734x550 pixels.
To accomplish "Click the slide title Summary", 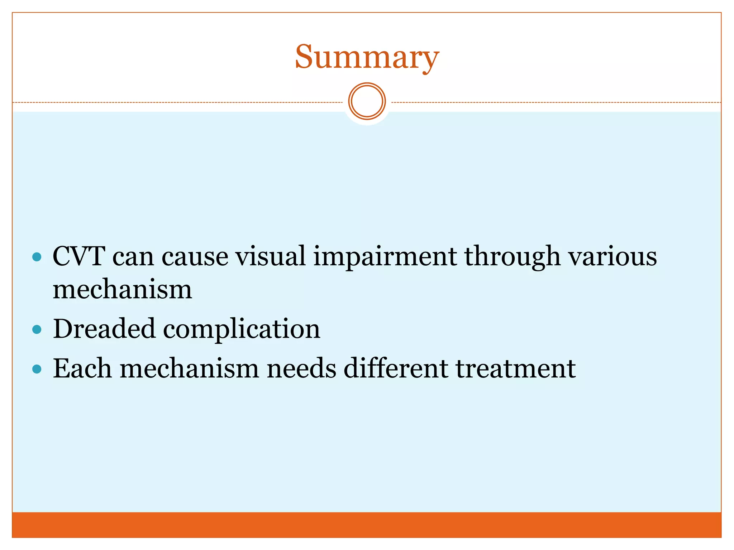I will tap(367, 57).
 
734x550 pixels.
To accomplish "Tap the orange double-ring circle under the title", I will tap(367, 101).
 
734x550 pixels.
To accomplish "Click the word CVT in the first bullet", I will tap(79, 256).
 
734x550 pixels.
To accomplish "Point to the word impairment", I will tap(385, 257).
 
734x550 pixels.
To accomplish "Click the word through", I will tap(513, 257).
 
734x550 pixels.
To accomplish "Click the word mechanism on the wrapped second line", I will tap(122, 289).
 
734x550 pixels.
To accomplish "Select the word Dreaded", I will tap(104, 329).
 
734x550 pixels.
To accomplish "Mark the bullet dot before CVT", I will tap(37, 257).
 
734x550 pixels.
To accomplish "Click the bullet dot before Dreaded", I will tap(37, 329).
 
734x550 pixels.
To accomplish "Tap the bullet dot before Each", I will tap(37, 369).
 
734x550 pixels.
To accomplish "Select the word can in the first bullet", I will tap(133, 257).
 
